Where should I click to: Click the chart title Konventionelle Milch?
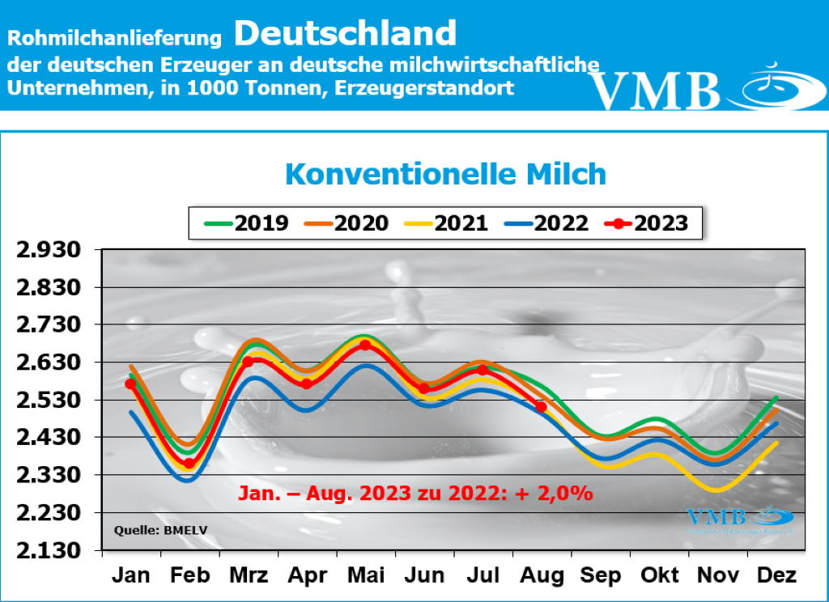click(445, 174)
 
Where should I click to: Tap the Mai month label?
click(365, 575)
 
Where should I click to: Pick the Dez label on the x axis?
click(776, 575)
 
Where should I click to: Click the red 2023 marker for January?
click(130, 384)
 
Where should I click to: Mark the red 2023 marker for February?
click(189, 464)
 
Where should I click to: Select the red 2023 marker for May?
click(365, 345)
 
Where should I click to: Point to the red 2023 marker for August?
click(541, 406)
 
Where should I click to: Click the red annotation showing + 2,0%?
click(415, 493)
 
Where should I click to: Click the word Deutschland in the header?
click(346, 33)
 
